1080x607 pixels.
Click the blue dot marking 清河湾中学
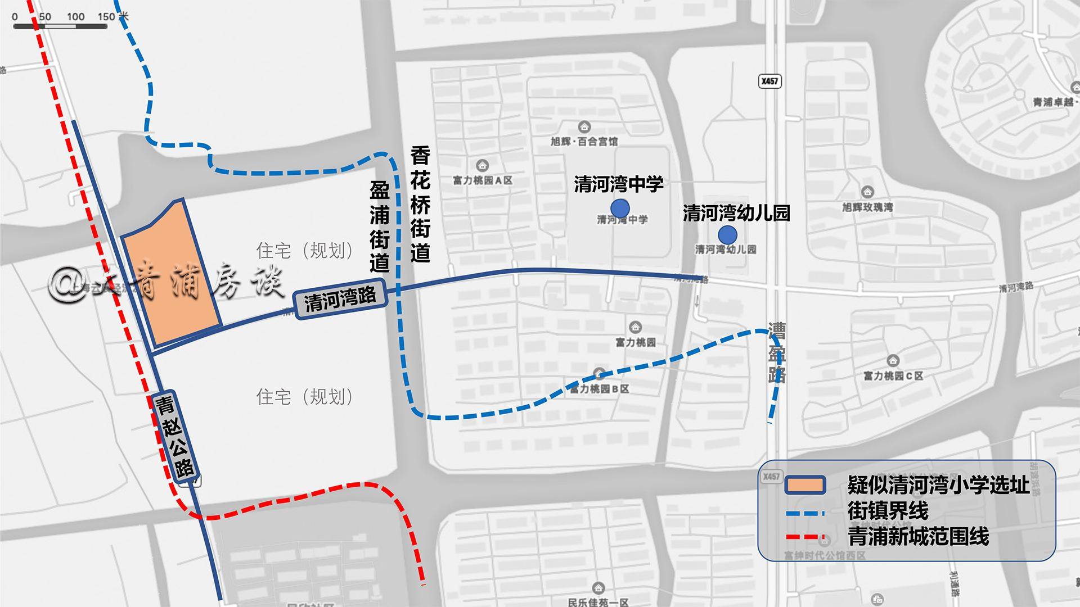(x=619, y=208)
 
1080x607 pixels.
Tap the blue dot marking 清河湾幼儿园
(x=727, y=235)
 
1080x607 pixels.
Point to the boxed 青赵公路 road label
(x=175, y=436)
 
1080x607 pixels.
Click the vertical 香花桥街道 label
(x=420, y=205)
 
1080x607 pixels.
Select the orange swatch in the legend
(x=805, y=485)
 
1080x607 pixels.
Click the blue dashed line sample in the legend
(x=805, y=513)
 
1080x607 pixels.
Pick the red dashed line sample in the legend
(x=805, y=537)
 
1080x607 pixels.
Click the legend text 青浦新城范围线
(x=918, y=537)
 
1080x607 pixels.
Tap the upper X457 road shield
(x=769, y=81)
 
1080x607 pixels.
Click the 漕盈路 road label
(x=777, y=352)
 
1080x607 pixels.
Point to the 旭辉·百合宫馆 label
(x=584, y=141)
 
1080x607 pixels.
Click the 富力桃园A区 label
(x=483, y=180)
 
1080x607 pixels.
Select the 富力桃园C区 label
(x=893, y=375)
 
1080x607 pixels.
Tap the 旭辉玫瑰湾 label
(x=867, y=207)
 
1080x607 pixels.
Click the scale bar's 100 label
(x=75, y=17)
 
